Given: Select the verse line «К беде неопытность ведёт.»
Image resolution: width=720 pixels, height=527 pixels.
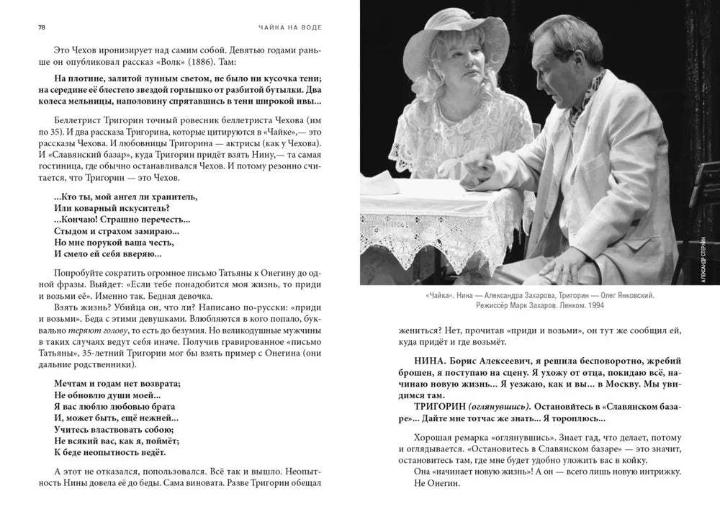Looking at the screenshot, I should pyautogui.click(x=109, y=452).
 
